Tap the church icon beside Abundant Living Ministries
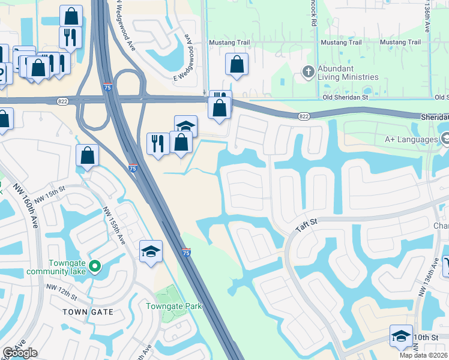pos(308,73)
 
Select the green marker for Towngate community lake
pos(94,265)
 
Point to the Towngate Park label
pos(174,306)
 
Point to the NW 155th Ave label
pos(113,226)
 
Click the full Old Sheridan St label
pos(345,97)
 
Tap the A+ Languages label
pos(410,139)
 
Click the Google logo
pos(20,353)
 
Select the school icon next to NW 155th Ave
pos(151,251)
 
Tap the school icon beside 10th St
pos(401,336)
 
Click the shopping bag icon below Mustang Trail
pos(237,64)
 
